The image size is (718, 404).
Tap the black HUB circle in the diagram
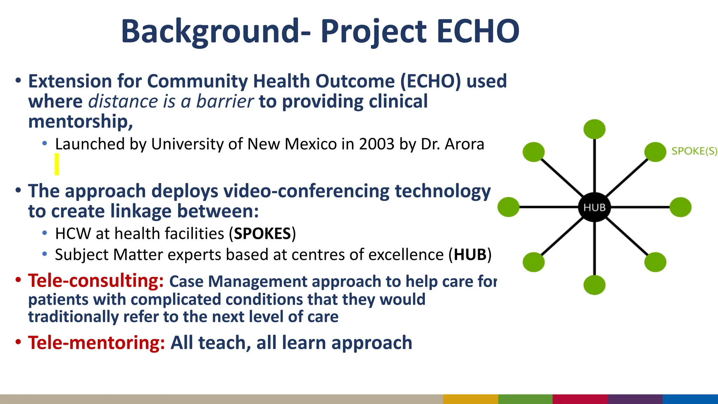click(x=594, y=207)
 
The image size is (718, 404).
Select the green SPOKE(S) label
click(x=694, y=151)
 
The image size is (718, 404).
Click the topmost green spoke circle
click(x=594, y=129)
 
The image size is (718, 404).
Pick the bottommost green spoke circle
click(x=594, y=285)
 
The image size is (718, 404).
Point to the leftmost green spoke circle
click(x=508, y=207)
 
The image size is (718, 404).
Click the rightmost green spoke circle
click(x=680, y=207)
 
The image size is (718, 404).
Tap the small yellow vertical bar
click(x=57, y=164)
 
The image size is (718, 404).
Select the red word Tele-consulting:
click(x=96, y=281)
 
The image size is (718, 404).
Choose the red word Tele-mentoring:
click(x=96, y=343)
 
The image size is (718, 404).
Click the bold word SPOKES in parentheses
click(x=263, y=234)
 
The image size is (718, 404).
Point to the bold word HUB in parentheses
click(x=470, y=255)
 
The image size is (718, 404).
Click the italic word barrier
click(x=225, y=101)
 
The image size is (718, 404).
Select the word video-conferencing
click(x=306, y=191)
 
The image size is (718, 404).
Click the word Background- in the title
click(x=216, y=32)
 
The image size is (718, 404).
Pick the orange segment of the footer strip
click(x=470, y=399)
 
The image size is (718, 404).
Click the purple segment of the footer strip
click(x=635, y=399)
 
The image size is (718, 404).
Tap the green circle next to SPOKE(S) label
click(x=655, y=152)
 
